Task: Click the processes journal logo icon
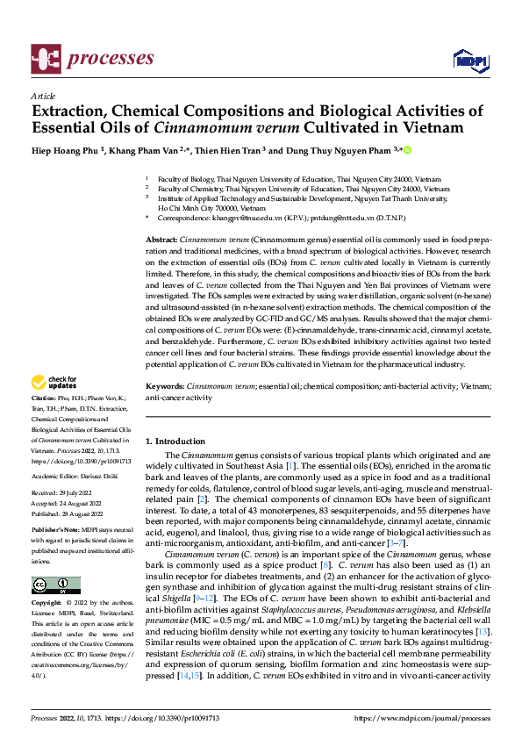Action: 46,59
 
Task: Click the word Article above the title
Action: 42,95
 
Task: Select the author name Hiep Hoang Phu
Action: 66,150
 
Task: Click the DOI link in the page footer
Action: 164,717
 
